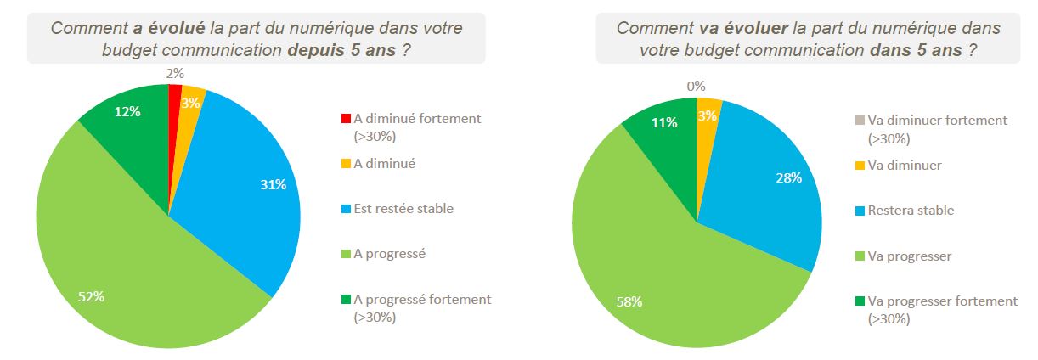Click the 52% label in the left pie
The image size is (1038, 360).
point(91,296)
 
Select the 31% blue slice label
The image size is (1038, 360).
point(273,184)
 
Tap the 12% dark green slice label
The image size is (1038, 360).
point(128,111)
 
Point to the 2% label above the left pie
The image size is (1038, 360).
point(174,75)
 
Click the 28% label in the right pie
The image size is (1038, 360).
point(788,178)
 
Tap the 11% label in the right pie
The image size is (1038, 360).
point(664,122)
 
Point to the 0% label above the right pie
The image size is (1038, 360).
point(697,86)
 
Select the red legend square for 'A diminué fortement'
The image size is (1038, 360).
point(345,119)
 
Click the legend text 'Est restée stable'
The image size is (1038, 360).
point(403,208)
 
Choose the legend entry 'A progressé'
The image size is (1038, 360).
point(390,253)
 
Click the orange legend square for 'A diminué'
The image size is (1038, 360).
point(345,164)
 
